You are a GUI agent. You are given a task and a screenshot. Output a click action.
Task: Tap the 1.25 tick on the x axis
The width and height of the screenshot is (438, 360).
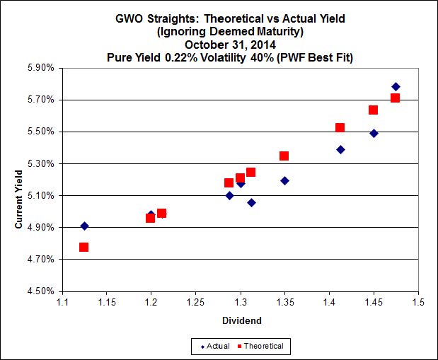click(195, 303)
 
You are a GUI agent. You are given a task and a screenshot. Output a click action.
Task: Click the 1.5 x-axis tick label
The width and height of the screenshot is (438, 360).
click(418, 303)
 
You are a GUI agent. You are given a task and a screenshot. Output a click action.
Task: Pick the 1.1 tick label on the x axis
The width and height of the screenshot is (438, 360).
click(62, 303)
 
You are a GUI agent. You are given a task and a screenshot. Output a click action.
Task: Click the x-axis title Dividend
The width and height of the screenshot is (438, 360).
click(241, 320)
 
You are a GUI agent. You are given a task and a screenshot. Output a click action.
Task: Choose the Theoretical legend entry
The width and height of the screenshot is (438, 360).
click(263, 346)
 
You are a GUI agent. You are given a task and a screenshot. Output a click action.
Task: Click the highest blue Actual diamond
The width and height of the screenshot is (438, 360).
click(396, 87)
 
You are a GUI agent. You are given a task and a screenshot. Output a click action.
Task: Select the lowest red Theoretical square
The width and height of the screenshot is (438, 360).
click(83, 247)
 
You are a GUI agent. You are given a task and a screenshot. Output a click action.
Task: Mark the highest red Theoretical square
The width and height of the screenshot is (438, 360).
click(395, 98)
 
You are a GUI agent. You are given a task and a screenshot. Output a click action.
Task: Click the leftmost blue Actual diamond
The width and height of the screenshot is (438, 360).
click(84, 226)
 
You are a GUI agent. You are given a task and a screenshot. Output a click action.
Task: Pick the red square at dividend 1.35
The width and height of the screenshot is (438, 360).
click(284, 156)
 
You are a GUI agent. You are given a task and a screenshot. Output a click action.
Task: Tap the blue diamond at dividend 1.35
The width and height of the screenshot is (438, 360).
click(284, 180)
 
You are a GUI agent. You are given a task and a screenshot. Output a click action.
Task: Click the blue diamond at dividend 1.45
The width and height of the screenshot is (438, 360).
click(374, 133)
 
